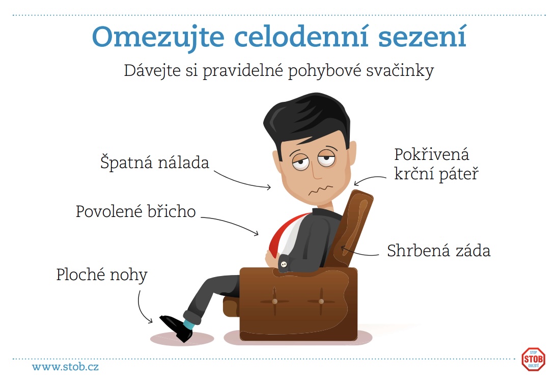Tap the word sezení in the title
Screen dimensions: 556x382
[422, 36]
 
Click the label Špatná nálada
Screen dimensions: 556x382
[155, 162]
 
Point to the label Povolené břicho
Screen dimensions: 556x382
[135, 211]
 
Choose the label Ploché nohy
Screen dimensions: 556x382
[102, 275]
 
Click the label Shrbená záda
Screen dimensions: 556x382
[438, 251]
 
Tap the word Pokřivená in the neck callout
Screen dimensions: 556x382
[432, 154]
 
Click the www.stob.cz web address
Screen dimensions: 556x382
[65, 367]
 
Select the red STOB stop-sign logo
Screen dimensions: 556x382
[533, 359]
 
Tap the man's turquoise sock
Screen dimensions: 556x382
[188, 324]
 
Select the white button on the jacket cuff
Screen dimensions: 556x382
[284, 264]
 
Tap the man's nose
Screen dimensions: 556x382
[317, 171]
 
